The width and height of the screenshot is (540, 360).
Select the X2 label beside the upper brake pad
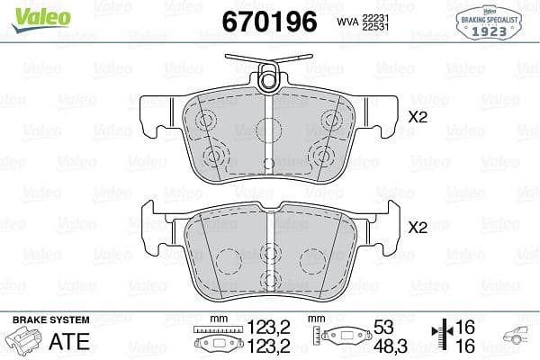[x=418, y=116]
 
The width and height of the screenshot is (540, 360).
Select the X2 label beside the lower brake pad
[x=418, y=229]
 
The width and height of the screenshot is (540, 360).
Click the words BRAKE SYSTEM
[x=49, y=320]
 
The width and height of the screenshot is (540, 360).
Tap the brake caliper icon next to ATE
[x=25, y=342]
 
